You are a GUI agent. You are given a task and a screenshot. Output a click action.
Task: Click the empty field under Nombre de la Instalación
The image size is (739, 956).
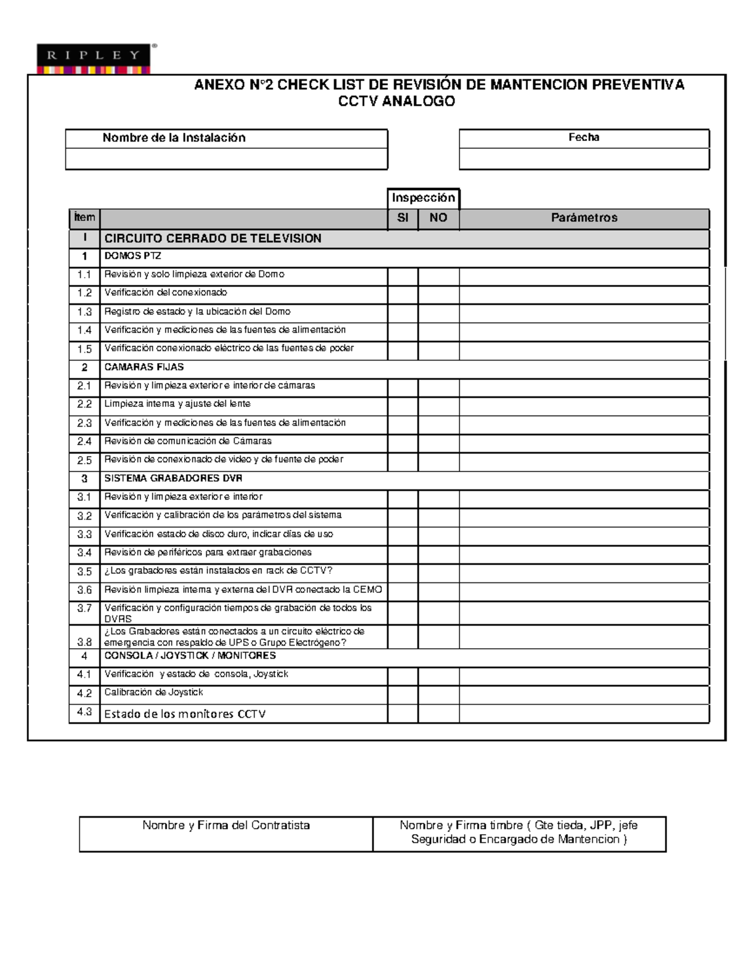[x=226, y=159]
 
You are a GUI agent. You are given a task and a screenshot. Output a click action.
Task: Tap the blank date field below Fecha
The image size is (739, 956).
[x=584, y=159]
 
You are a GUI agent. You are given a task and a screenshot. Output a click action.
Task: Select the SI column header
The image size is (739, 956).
[x=403, y=218]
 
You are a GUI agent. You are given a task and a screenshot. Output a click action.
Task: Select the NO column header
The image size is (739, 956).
[x=438, y=218]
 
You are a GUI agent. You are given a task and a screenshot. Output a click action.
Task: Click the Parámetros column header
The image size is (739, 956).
[x=584, y=218]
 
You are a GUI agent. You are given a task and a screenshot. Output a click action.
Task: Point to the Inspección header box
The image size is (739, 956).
[x=423, y=198]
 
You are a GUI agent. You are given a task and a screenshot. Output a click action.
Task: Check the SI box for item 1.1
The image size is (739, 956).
[x=403, y=275]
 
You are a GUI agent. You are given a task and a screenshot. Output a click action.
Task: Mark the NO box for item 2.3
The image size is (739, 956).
[x=438, y=424]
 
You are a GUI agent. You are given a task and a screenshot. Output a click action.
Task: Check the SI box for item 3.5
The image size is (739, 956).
[x=403, y=572]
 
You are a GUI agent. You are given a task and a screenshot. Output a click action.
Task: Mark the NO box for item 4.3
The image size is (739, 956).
[x=438, y=713]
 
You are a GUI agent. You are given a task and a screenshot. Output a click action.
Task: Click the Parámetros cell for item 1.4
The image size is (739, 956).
[x=584, y=331]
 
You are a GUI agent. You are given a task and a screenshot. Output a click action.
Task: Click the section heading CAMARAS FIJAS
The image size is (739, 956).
[x=144, y=368]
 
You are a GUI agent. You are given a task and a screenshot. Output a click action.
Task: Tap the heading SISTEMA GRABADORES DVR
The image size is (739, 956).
[x=173, y=479]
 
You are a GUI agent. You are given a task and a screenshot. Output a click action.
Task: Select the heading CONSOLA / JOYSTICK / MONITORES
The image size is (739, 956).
[x=190, y=656]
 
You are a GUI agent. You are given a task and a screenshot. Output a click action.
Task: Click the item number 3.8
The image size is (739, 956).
[x=84, y=642]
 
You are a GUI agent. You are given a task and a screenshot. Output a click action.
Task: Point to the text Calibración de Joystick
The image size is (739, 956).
[x=153, y=693]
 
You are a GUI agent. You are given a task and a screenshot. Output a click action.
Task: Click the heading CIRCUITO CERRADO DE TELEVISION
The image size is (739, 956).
[x=212, y=239]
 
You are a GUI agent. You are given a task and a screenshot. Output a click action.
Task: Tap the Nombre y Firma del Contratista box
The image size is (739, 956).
[x=226, y=833]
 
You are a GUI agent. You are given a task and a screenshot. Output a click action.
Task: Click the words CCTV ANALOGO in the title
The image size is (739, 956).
[x=396, y=102]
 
